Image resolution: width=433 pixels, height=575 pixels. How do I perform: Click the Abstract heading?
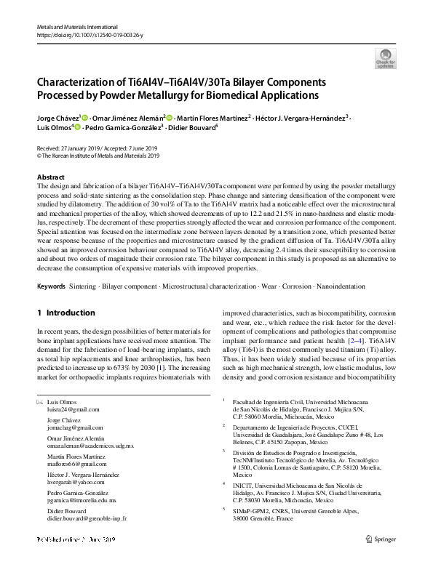pyautogui.click(x=50, y=177)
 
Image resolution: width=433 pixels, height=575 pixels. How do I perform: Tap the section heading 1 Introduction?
pyautogui.click(x=66, y=313)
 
